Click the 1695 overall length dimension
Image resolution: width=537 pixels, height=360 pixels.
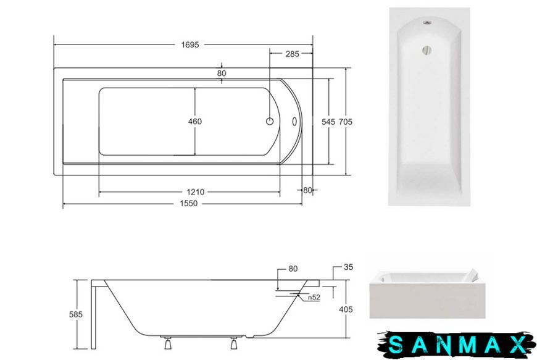[x=190, y=44]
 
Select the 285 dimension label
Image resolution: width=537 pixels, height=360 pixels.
[x=292, y=54]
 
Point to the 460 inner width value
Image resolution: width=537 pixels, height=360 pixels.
[x=195, y=121]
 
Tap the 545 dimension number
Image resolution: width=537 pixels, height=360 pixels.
[x=328, y=122]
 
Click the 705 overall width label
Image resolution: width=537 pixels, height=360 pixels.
[x=345, y=122]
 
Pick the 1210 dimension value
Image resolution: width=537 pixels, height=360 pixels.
[x=195, y=192]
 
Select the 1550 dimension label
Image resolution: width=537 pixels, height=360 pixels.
[x=189, y=203]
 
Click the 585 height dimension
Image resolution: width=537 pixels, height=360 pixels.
[x=76, y=314]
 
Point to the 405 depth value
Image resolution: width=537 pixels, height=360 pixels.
[x=346, y=309]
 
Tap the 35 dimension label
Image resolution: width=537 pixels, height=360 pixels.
[x=348, y=267]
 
